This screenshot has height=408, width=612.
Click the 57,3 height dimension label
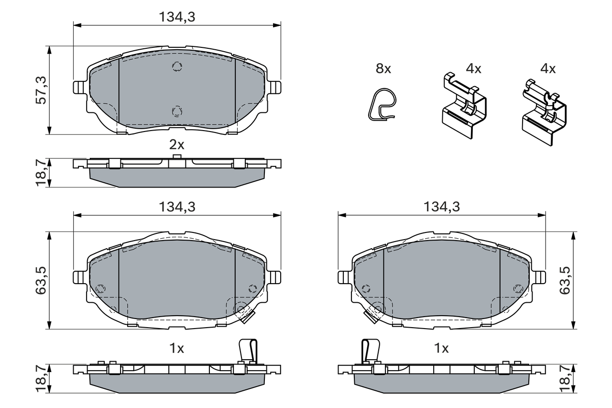tap(41, 90)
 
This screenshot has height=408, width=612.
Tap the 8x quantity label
tap(383, 68)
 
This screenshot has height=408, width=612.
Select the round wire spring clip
tap(382, 104)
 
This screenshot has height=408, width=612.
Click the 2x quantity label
tap(177, 145)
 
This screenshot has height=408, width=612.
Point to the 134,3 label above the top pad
tap(177, 17)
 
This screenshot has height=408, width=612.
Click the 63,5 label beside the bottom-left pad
tap(41, 280)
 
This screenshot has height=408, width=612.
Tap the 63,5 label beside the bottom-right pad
tap(565, 280)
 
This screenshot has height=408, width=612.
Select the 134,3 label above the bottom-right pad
tap(441, 207)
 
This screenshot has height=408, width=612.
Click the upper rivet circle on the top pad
tap(177, 66)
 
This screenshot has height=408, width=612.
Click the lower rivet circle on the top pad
tap(177, 111)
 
